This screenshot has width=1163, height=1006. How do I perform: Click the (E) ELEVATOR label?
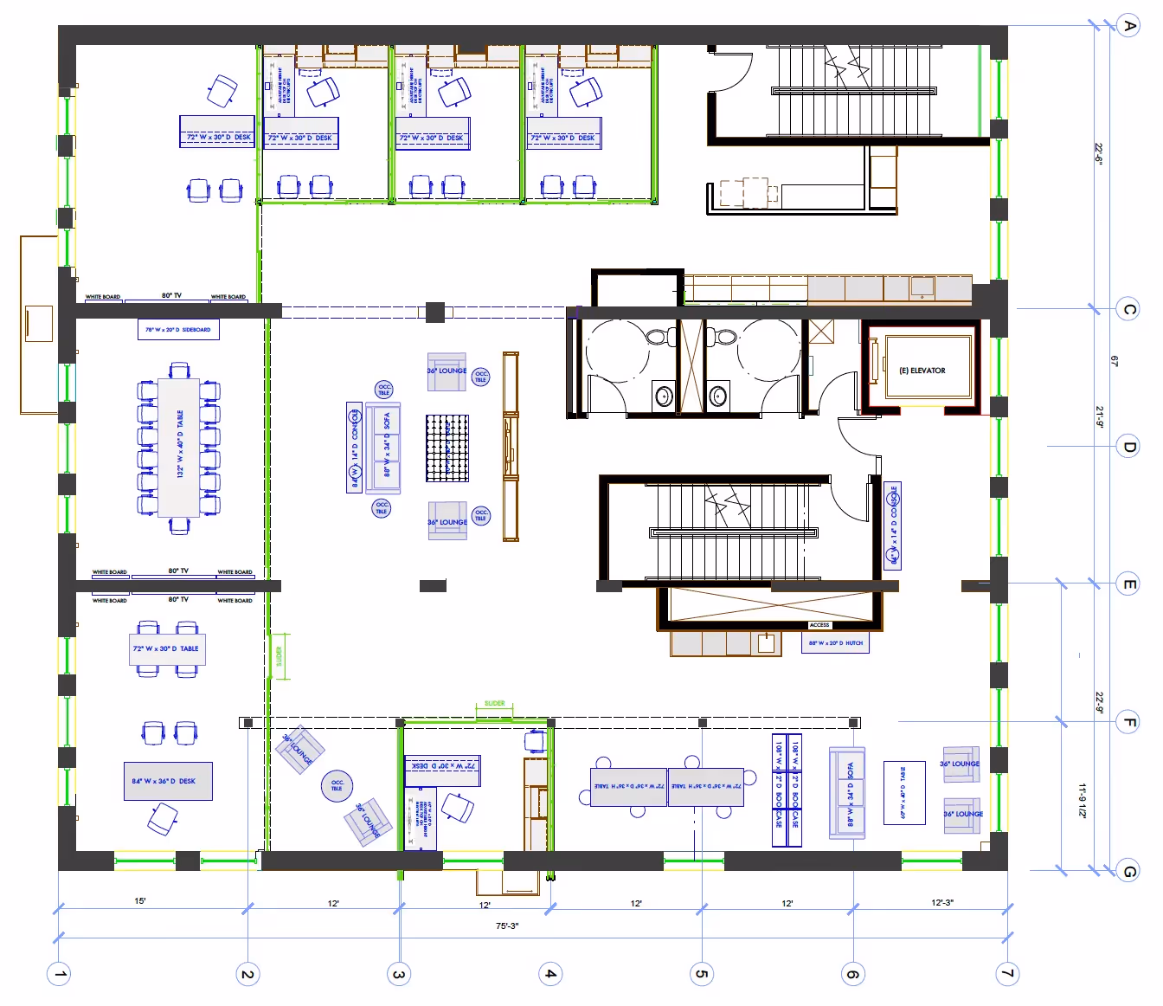tap(922, 371)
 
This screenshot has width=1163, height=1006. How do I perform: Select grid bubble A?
tap(1128, 26)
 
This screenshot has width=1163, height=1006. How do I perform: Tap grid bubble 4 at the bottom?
tap(550, 974)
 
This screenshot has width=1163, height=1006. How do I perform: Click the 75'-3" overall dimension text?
tap(507, 925)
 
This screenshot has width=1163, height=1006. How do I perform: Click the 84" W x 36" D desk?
tap(168, 781)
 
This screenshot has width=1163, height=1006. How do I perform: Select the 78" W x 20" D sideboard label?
tap(178, 330)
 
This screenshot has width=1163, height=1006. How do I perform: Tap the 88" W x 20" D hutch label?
tap(835, 643)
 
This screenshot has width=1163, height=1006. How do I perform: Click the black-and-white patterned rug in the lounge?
tap(447, 448)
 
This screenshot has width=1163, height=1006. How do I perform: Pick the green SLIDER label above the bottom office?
tap(494, 704)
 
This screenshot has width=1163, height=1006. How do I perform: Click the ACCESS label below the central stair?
tap(819, 625)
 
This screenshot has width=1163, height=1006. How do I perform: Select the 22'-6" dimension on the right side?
tap(1099, 155)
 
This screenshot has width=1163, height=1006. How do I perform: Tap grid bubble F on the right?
tap(1128, 721)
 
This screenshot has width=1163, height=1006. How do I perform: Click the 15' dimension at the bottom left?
tap(140, 901)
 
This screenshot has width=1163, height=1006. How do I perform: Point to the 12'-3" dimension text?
tap(941, 902)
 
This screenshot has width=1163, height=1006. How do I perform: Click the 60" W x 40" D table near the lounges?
tap(904, 792)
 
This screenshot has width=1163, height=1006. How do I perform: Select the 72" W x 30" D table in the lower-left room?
tap(167, 648)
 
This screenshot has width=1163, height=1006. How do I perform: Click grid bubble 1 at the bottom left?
tap(59, 974)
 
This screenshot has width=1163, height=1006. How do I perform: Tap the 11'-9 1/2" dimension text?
tap(1082, 800)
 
